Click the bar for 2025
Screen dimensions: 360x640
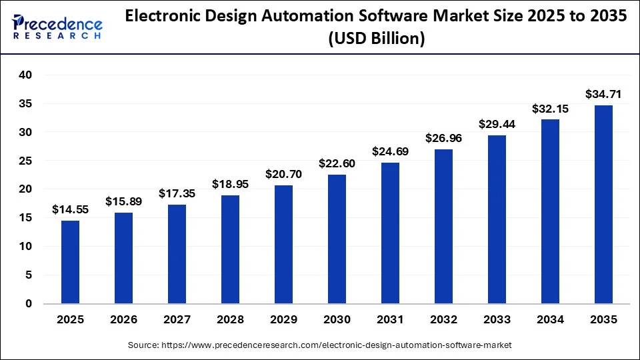point(70,262)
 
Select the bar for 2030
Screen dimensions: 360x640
point(337,239)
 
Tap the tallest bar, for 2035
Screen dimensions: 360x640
point(603,204)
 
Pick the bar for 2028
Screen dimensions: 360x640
point(230,249)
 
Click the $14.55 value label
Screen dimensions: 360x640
point(70,209)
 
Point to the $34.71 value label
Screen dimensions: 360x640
point(603,94)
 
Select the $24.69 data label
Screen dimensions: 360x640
point(390,151)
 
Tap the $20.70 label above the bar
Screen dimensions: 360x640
point(283,174)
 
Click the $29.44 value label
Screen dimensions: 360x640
point(497,124)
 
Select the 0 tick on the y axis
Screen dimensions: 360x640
point(29,303)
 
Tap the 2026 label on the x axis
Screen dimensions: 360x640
point(123,320)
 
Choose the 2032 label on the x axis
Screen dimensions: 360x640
point(443,320)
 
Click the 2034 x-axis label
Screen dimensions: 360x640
point(550,320)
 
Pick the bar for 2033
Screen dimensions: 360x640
point(497,219)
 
